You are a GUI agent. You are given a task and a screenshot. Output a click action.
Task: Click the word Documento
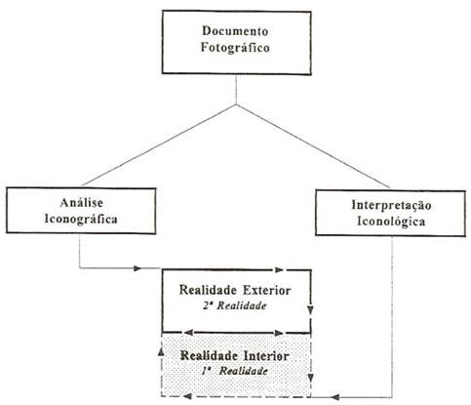[235, 31]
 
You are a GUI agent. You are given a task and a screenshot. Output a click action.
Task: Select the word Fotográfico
[235, 48]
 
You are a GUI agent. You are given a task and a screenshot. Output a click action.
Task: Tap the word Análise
[82, 202]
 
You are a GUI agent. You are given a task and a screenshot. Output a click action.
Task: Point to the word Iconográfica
[81, 219]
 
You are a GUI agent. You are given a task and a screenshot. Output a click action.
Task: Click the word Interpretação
[391, 205]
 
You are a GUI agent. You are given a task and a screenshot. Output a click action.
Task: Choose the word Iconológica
[391, 222]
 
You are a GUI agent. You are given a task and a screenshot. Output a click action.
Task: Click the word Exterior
[266, 290]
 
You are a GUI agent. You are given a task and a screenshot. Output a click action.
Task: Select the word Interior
[266, 355]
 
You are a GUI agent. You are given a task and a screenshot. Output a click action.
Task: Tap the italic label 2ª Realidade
[235, 305]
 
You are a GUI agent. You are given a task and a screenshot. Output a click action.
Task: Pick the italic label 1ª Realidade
[234, 371]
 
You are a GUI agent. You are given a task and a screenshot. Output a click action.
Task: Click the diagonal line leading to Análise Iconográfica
[159, 145]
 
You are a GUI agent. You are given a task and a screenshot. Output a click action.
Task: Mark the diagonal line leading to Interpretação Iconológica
[313, 145]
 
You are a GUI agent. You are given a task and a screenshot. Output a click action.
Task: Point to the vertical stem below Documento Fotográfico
[236, 90]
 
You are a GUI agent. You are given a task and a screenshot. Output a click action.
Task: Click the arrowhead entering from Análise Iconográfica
[137, 268]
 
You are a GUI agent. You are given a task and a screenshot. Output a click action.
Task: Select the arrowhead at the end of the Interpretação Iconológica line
[335, 397]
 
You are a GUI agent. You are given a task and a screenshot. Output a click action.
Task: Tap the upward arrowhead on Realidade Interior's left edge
[161, 350]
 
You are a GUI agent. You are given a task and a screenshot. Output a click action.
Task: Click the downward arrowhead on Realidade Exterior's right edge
[310, 309]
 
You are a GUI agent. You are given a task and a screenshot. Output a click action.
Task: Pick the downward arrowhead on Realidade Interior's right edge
[310, 378]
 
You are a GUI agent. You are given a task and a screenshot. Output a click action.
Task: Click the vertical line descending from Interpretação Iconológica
[392, 316]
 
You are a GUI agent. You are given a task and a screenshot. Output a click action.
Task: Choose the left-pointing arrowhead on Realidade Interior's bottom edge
[188, 396]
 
